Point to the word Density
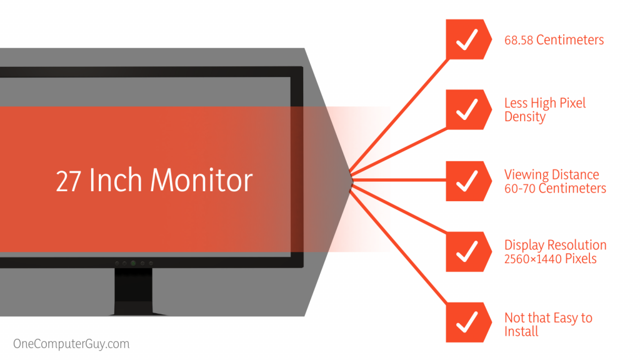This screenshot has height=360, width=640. pos(525,117)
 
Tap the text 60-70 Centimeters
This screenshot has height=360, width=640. pos(555,188)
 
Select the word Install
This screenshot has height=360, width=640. pos(521,332)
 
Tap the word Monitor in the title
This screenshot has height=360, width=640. pos(202,181)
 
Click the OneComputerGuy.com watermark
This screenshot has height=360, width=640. pos(71,344)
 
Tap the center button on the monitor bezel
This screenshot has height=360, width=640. pos(132,263)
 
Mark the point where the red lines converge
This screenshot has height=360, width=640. pos(352,180)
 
